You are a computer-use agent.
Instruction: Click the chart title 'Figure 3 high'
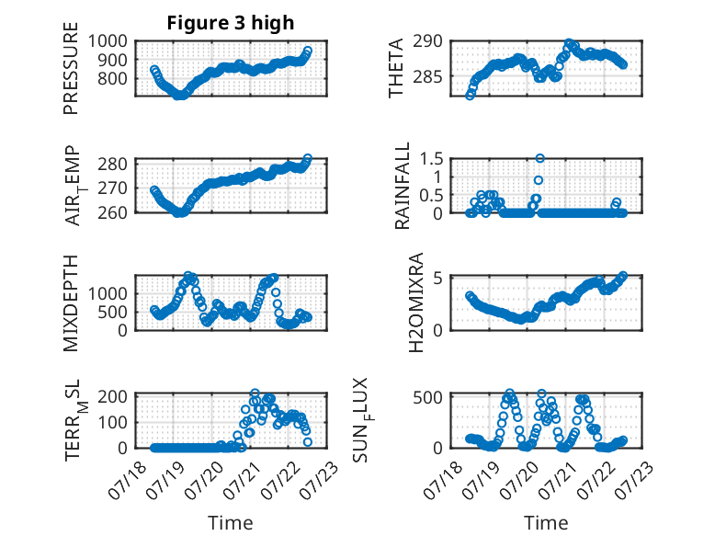231,23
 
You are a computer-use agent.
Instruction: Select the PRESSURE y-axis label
71,68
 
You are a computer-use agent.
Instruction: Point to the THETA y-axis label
396,68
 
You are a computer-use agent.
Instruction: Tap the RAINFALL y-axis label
403,186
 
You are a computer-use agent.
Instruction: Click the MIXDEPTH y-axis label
71,303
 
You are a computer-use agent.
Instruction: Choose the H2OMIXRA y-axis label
416,302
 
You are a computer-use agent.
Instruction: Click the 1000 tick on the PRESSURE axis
108,41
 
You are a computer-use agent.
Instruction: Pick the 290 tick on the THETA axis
427,41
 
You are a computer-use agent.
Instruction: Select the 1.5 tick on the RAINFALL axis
431,159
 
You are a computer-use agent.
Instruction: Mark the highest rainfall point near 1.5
539,158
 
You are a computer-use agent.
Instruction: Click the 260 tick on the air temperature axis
112,212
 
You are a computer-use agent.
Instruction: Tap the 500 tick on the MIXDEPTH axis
112,312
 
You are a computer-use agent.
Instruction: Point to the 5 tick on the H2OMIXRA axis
437,278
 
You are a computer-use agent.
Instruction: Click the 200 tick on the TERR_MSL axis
112,396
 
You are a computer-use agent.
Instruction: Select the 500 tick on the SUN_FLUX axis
427,397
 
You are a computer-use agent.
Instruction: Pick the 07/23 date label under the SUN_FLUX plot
635,478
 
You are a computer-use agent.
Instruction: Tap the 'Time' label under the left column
231,522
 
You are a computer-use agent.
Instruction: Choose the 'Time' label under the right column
546,522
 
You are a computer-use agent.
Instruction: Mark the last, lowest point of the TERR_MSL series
308,441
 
